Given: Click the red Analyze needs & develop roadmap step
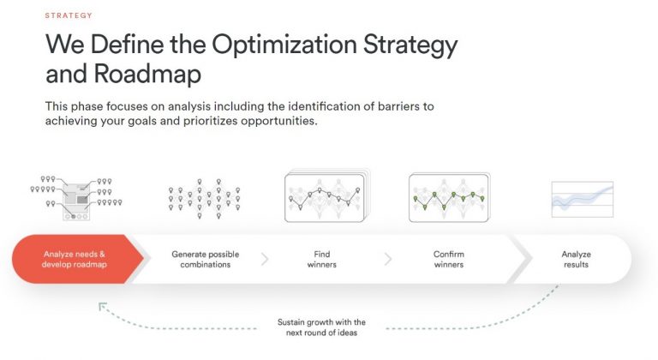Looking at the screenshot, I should (x=75, y=259).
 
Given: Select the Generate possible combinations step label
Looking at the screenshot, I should (x=205, y=259).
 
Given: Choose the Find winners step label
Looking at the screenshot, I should (x=321, y=259).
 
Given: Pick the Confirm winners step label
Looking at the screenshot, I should (x=448, y=259).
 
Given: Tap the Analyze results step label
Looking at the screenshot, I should (x=576, y=259).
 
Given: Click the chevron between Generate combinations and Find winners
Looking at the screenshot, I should (x=264, y=259).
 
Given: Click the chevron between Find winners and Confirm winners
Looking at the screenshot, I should (x=388, y=259).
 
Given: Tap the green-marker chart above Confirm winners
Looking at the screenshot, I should (x=448, y=198).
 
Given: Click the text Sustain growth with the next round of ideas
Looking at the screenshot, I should (x=321, y=327).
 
